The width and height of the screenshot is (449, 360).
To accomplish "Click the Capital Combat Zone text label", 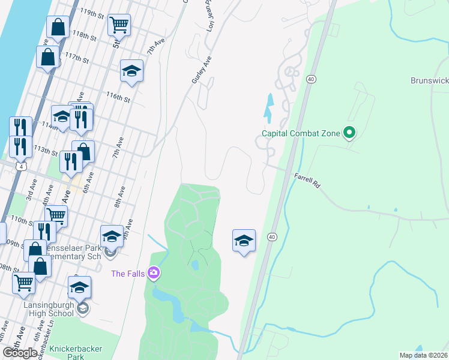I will [301, 133].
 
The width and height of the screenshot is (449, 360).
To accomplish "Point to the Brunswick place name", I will [429, 80].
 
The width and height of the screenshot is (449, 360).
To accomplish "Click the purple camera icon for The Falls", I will [154, 274].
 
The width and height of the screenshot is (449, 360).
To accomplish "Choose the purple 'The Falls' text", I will [128, 274].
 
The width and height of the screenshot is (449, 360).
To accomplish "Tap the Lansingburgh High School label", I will [49, 309].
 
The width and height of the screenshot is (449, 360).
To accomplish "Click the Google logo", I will [20, 353].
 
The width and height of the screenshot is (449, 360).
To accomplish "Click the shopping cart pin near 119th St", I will [119, 25].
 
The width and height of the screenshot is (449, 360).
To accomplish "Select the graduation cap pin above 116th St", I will [131, 71].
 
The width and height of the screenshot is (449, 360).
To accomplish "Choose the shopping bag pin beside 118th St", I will [58, 27].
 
